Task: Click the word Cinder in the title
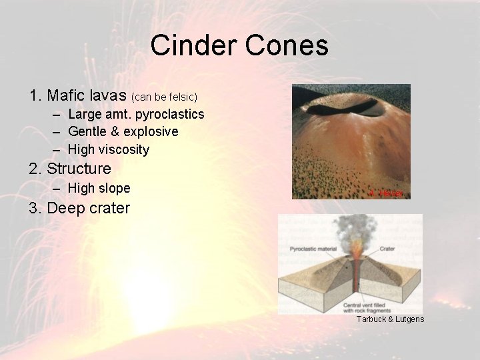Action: (x=193, y=45)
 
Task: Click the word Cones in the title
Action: (x=289, y=45)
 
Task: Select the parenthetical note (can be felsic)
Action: (x=165, y=97)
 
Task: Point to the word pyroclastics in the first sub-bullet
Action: (x=169, y=114)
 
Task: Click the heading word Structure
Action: (x=79, y=169)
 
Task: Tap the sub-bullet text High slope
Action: (x=99, y=189)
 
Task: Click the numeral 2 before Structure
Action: (x=34, y=169)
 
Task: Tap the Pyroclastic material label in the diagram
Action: (x=314, y=249)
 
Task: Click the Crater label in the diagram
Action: (x=387, y=249)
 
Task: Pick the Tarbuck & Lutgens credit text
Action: (x=390, y=319)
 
